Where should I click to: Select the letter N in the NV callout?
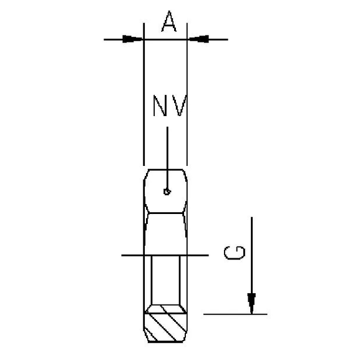pos(160,107)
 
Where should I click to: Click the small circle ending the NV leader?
pos(166,192)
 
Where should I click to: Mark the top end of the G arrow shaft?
pos(251,218)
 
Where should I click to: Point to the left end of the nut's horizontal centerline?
pos(122,255)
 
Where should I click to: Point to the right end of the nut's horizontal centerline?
pos(207,255)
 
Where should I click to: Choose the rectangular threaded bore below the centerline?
pos(167,281)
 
